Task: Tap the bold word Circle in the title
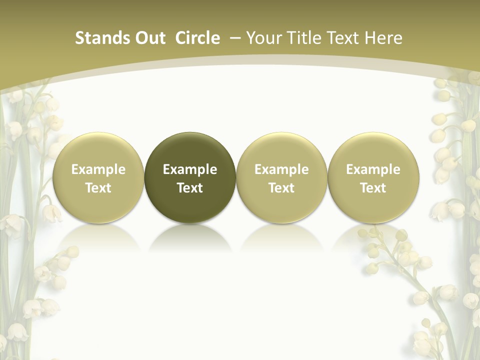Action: (x=197, y=38)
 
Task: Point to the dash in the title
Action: (x=234, y=38)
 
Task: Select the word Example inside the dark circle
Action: (x=190, y=169)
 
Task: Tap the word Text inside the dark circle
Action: (x=190, y=188)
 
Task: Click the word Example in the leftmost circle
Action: (x=98, y=169)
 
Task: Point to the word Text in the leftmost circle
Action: (x=98, y=188)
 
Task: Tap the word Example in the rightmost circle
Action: (x=373, y=169)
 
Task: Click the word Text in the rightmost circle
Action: (x=373, y=188)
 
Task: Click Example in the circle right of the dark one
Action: (x=281, y=169)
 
